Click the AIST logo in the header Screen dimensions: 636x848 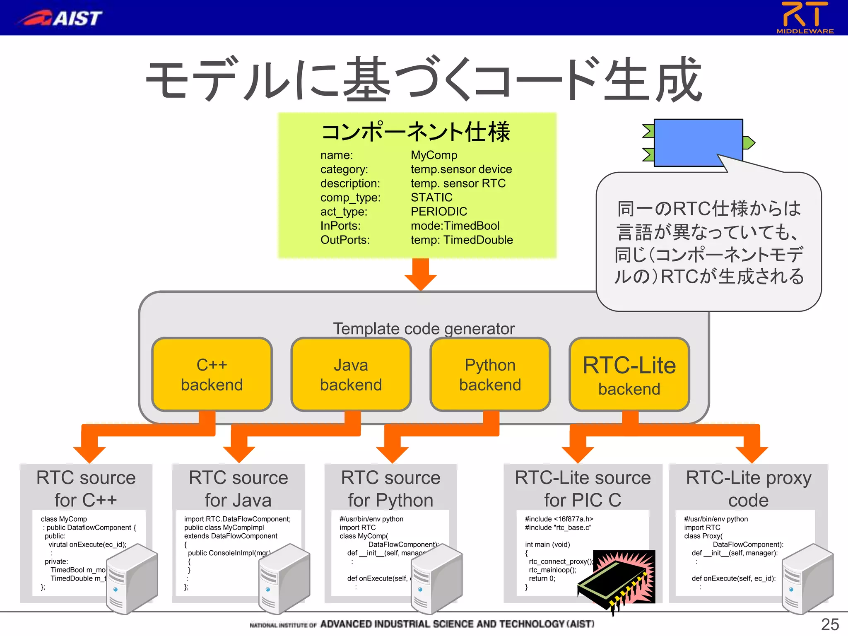click(60, 18)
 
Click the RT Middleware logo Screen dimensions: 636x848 click(805, 17)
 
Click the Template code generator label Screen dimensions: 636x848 click(424, 328)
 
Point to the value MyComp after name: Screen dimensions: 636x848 click(434, 155)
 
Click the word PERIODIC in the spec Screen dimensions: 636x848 click(438, 212)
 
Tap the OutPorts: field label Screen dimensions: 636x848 click(345, 240)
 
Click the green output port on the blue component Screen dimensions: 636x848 click(749, 143)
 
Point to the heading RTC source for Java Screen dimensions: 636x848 click(238, 489)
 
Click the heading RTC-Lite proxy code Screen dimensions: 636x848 click(748, 489)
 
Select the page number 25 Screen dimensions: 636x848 click(830, 624)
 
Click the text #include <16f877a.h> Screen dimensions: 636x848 click(559, 519)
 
